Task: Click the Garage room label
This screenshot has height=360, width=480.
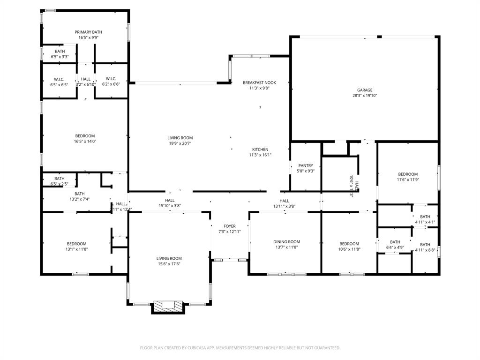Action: [364, 90]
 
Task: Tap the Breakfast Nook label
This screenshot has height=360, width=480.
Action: [259, 82]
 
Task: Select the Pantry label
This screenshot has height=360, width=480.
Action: [306, 165]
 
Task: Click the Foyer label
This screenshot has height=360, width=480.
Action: [230, 226]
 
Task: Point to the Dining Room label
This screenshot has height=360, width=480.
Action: [286, 242]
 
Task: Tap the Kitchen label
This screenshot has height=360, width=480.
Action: [260, 150]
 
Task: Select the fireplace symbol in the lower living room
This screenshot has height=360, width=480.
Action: [166, 305]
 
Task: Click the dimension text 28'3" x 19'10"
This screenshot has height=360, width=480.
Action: [364, 96]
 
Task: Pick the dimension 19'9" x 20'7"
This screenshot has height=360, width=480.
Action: [180, 143]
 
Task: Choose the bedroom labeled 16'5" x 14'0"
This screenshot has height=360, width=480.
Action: [84, 136]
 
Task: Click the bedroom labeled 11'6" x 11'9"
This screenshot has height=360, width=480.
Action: [407, 174]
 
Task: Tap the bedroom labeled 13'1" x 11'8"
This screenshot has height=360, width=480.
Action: [76, 244]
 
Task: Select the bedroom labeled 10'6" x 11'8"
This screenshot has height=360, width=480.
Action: [349, 244]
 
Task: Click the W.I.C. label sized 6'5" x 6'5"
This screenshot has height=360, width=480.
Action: [59, 79]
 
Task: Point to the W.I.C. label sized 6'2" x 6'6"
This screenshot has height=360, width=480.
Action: [111, 79]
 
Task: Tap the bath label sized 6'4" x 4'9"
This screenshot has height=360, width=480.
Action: [395, 242]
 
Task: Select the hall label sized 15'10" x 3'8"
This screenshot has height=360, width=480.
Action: [170, 200]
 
